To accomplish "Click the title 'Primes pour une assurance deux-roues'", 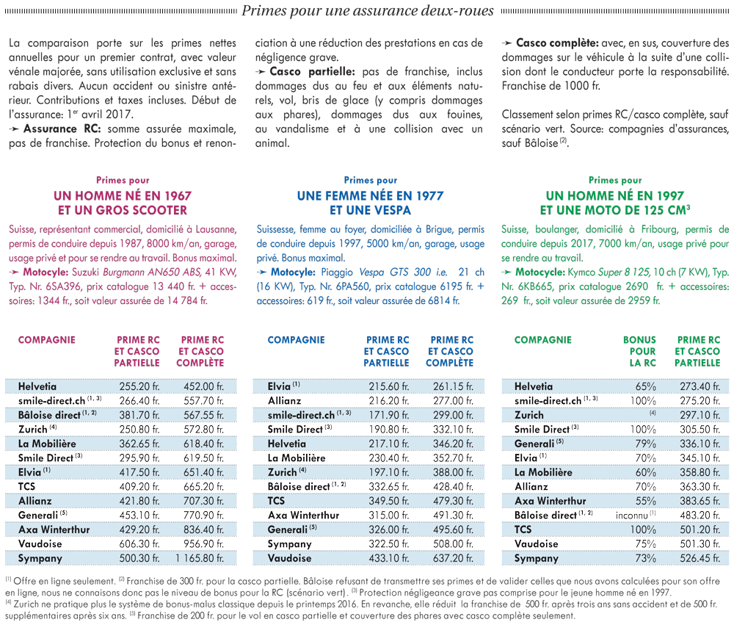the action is coord(368,11).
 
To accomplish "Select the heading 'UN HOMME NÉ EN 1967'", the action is coord(123,196).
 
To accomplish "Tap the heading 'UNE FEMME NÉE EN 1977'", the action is coord(370,196).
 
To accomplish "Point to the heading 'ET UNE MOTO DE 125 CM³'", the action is coord(615,210).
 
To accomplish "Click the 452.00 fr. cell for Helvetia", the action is coord(203,386).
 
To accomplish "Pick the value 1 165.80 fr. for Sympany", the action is coord(200,558).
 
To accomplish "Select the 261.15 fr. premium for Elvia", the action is coord(453,386).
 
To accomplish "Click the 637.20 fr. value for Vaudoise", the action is coord(453,558).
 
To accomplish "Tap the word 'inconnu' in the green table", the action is coord(632,516).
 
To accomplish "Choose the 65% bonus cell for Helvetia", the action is coord(645,386).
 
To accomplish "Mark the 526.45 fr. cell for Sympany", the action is coord(700,558).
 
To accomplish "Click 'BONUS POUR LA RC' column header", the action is coord(639,351).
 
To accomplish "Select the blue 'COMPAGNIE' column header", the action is coord(297,339).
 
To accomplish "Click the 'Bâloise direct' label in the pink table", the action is coord(49,415).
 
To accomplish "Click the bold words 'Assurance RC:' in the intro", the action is coord(62,129).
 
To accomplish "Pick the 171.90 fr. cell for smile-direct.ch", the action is coord(389,415).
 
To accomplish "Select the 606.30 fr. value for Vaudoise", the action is coord(139,544).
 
